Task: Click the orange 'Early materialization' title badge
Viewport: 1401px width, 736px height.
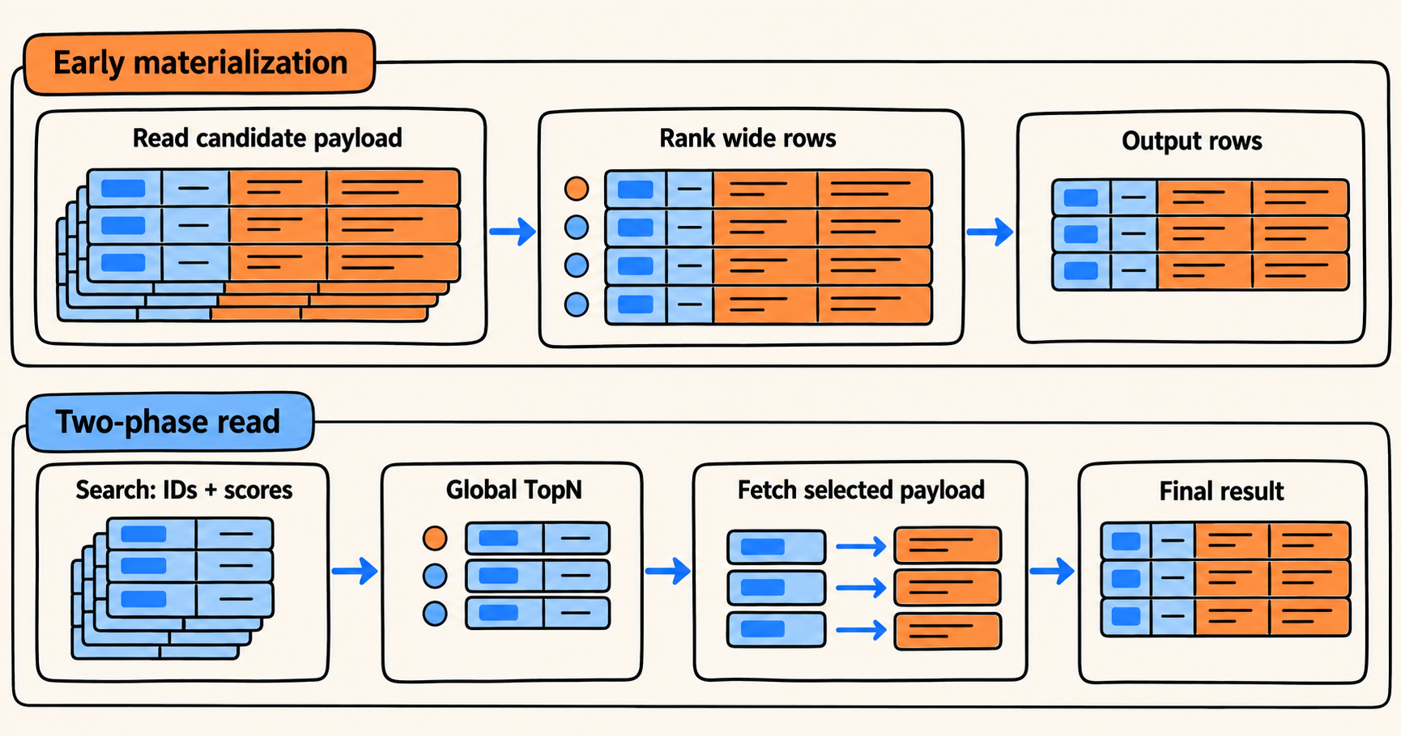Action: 199,62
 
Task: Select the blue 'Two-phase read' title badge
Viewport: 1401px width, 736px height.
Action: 170,422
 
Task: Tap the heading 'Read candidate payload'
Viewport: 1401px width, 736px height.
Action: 267,138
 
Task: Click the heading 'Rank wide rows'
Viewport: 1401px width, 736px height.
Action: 747,138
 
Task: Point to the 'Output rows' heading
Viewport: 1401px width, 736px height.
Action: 1191,141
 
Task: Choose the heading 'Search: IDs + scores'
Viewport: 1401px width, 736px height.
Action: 184,490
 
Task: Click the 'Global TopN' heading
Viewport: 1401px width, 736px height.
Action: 513,490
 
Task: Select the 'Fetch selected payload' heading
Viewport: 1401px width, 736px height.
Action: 861,490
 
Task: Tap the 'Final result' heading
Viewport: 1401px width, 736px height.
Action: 1221,491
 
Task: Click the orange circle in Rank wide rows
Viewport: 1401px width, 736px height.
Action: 577,189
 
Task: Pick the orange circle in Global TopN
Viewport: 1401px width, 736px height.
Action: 436,538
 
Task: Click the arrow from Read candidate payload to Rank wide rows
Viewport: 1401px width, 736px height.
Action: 513,232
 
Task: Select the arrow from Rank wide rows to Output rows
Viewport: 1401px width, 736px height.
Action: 990,232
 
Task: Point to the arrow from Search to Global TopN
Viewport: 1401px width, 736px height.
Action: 355,571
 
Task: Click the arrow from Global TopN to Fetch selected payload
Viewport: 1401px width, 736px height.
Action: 668,571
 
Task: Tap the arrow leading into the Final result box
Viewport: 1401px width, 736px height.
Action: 1052,571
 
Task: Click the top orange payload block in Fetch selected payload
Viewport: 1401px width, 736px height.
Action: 947,546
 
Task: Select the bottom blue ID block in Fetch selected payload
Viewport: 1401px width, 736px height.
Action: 777,630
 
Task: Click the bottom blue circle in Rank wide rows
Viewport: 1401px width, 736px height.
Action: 577,304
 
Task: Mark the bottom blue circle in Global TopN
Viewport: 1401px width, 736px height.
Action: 436,614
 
